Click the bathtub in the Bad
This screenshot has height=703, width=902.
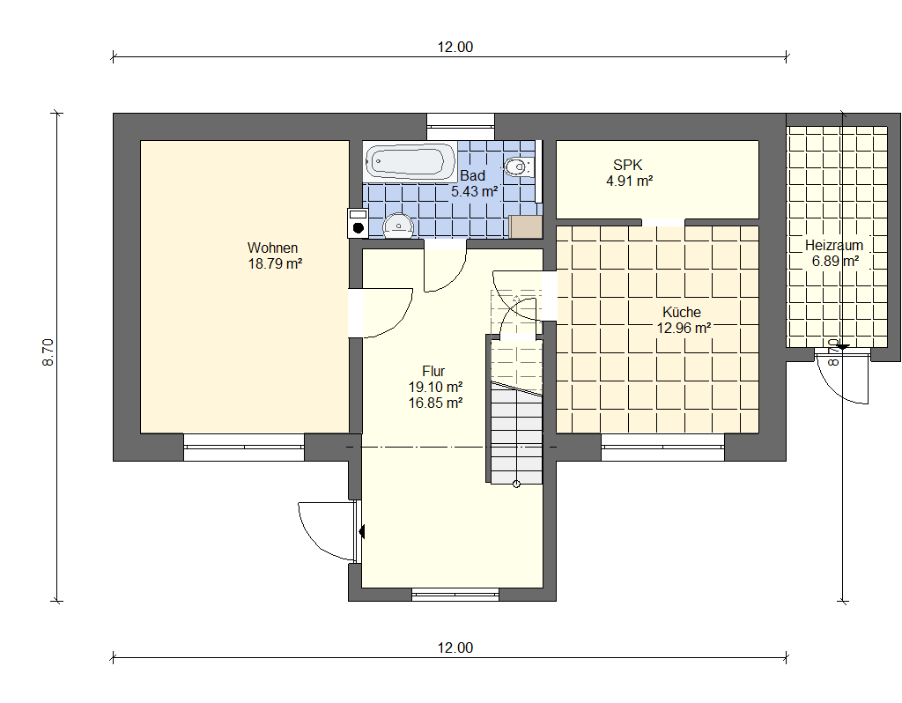point(410,162)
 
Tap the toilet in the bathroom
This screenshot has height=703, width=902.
point(519,166)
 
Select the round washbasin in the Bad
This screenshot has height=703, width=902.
point(397,226)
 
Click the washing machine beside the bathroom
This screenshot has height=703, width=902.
point(358,223)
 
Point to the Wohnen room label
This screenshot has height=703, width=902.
point(273,248)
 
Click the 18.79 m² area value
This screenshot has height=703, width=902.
point(275,264)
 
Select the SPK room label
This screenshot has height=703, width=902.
point(627,165)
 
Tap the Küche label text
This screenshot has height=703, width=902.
point(682,313)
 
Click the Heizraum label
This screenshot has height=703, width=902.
point(834,245)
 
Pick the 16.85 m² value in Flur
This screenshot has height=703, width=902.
point(435,403)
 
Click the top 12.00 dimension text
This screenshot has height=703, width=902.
point(455,48)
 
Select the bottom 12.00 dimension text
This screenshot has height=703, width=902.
point(455,647)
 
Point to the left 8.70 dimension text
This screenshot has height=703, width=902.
point(48,352)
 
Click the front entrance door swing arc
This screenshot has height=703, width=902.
point(311,541)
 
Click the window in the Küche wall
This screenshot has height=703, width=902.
point(662,448)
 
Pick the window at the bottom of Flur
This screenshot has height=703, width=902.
point(455,595)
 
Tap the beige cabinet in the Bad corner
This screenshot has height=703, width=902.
point(526,226)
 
